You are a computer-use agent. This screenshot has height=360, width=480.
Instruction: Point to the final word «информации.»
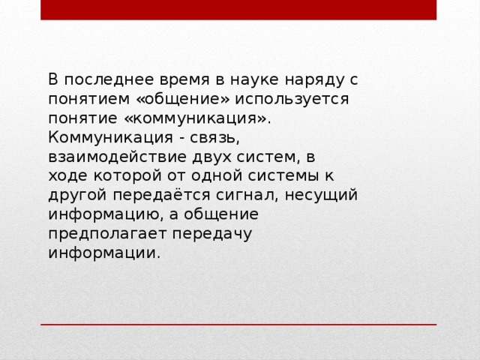(x=103, y=253)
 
